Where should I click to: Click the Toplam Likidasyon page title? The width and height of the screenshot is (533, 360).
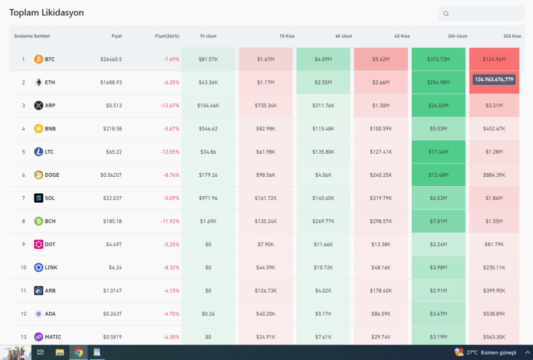point(46,12)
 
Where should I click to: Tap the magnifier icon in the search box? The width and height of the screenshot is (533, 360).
point(446,14)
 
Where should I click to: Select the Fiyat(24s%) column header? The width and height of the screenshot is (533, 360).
point(167,36)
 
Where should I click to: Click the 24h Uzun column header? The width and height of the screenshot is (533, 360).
point(457,36)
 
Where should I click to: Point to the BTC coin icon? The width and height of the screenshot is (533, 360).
point(38,59)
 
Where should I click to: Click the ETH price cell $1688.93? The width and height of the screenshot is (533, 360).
point(111,82)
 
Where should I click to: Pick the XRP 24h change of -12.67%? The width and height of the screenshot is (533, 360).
point(171,105)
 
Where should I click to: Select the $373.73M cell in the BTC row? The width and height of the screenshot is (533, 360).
point(439,59)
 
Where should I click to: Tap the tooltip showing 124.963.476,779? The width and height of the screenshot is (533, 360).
point(494,79)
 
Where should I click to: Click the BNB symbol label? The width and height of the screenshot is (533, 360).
point(50,129)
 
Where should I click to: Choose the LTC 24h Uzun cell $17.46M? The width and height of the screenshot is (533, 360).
point(439,152)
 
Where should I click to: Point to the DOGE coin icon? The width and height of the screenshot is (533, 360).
point(38,175)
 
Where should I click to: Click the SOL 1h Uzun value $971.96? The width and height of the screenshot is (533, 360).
point(208,198)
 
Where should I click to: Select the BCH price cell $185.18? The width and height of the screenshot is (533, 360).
point(111,221)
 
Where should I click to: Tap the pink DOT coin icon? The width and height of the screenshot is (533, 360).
point(38,244)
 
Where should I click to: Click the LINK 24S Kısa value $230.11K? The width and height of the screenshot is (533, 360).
point(494,268)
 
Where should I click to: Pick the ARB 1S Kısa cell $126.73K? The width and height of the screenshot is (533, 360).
point(266,291)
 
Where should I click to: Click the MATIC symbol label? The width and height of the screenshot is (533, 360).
point(53,337)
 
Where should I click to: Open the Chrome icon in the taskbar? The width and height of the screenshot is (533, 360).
point(78,353)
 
